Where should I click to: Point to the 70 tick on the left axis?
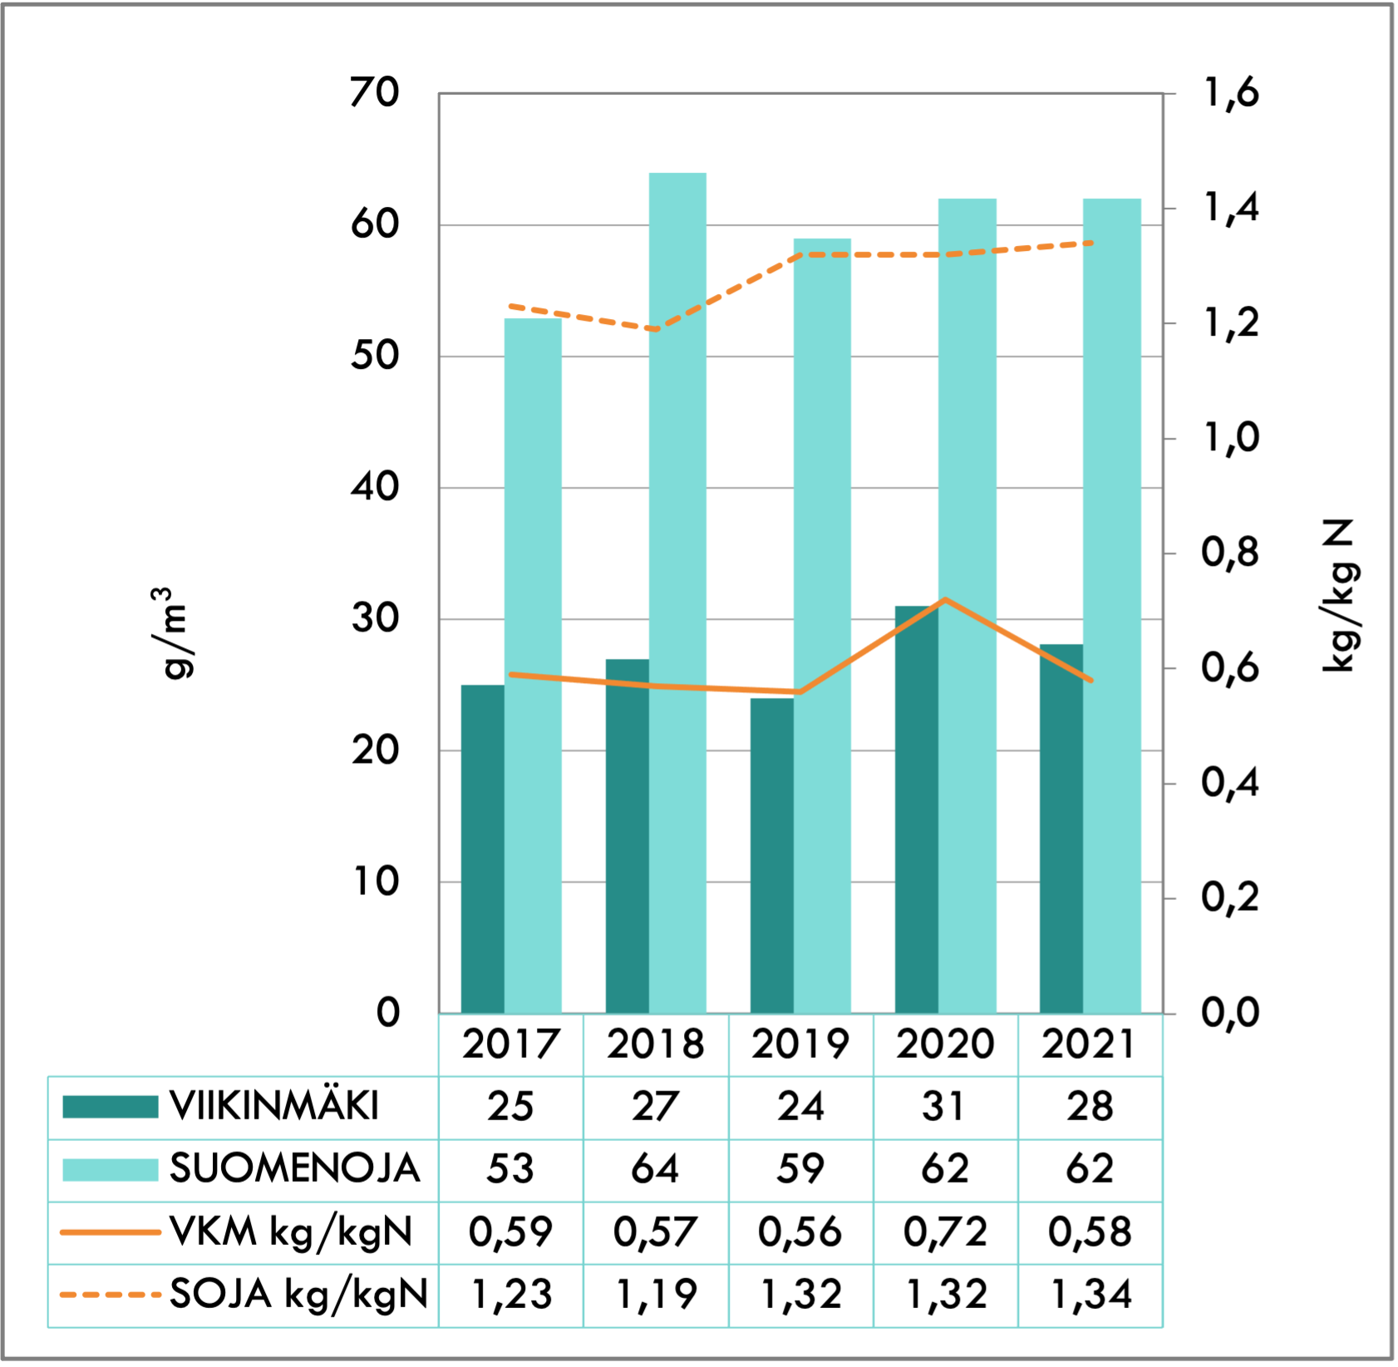375,92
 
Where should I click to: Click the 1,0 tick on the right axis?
1231,438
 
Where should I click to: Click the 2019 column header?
800,1044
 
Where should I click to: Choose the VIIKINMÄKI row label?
274,1106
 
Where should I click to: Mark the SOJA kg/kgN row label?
298,1294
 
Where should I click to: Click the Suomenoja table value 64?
655,1168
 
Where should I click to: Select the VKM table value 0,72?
945,1232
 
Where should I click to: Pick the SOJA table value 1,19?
655,1294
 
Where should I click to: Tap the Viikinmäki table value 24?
800,1106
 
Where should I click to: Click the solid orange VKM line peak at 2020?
946,599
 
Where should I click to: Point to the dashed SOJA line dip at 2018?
656,329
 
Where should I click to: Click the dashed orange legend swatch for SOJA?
111,1294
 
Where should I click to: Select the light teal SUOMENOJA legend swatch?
111,1168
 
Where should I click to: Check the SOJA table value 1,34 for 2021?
1090,1294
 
